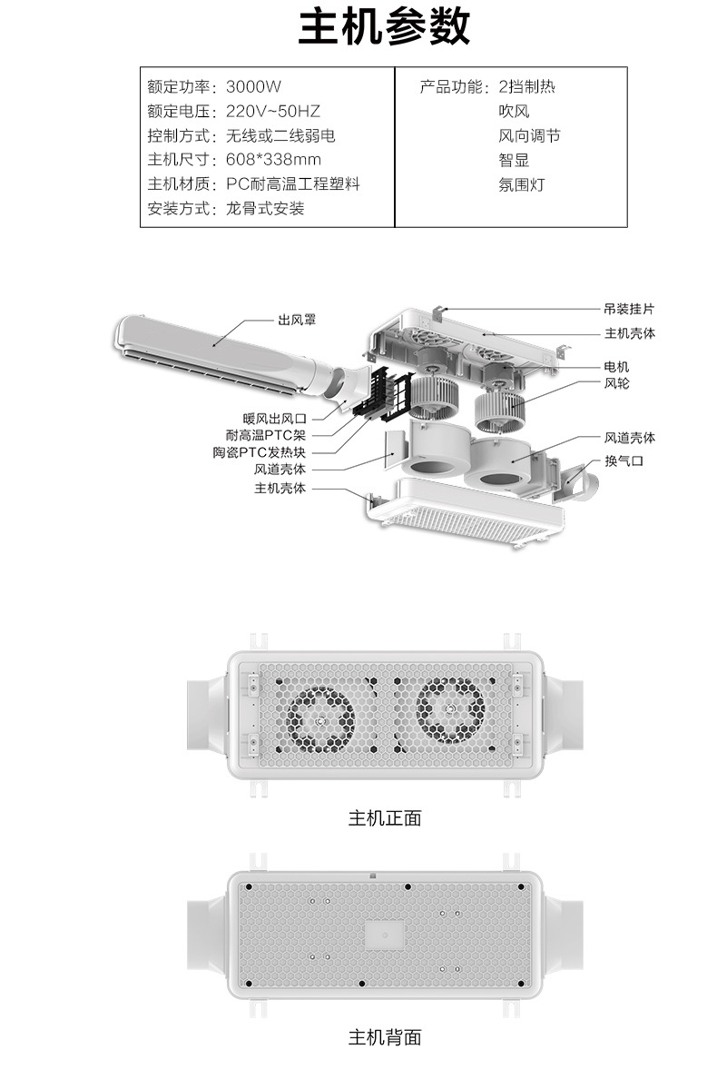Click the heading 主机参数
click(384, 27)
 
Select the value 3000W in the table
click(253, 86)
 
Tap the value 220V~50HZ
click(273, 111)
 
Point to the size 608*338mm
click(273, 160)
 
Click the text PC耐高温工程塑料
click(293, 183)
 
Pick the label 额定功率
click(178, 86)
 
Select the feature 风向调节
click(529, 135)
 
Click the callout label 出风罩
click(297, 320)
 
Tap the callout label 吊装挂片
click(629, 309)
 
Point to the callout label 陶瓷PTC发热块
click(260, 452)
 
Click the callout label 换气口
click(623, 460)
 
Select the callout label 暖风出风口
click(274, 419)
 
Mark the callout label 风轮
click(616, 382)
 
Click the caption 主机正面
click(384, 818)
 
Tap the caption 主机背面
click(384, 1037)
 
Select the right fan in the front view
click(450, 710)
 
